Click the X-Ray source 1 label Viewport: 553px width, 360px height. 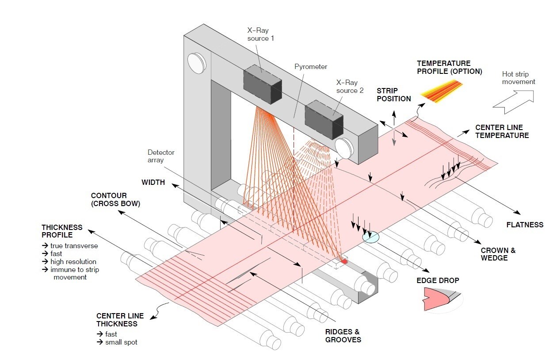(x=260, y=34)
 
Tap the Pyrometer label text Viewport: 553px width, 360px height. (x=311, y=67)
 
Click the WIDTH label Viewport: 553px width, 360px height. (x=153, y=182)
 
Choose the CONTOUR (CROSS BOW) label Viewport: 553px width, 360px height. (x=115, y=199)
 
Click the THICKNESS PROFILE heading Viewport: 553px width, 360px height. (x=62, y=231)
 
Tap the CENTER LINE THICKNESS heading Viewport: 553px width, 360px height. (x=120, y=320)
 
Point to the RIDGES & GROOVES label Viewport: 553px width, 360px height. (x=343, y=336)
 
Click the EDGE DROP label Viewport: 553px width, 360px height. (x=438, y=280)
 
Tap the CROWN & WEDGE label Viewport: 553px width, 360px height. (x=498, y=254)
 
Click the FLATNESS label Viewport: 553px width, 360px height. (x=525, y=225)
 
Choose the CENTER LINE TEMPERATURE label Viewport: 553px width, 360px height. (x=502, y=131)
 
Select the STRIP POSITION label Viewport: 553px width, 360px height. (x=393, y=95)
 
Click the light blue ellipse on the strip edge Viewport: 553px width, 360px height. (x=371, y=237)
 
